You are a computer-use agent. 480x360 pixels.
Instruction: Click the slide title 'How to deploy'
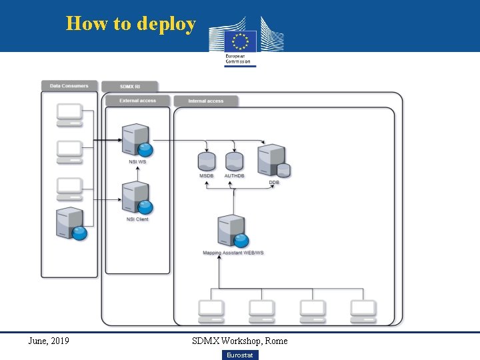pos(131,24)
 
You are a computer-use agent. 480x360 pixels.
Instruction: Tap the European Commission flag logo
pos(240,41)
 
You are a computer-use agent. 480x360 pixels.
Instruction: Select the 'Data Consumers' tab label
pos(69,86)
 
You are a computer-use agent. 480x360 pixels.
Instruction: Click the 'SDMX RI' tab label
pos(130,87)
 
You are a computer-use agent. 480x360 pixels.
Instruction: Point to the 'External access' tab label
pos(137,101)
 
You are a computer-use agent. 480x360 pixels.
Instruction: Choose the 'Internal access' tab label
pos(205,101)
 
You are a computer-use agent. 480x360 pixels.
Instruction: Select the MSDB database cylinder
pos(207,161)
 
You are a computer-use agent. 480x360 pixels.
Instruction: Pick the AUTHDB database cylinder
pos(234,161)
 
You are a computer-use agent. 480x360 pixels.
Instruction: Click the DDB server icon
pos(273,161)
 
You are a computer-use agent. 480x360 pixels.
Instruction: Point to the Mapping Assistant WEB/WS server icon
pos(233,231)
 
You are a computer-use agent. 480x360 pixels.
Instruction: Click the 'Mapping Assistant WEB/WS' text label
pos(233,253)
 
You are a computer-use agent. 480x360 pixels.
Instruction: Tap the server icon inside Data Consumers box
pos(71,223)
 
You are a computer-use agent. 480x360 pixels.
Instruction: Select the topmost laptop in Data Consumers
pos(69,115)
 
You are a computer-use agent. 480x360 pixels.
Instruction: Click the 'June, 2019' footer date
pos(49,341)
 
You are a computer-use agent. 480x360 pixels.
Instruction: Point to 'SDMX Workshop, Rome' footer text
pos(240,341)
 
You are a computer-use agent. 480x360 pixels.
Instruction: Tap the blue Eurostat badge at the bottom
pos(239,355)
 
